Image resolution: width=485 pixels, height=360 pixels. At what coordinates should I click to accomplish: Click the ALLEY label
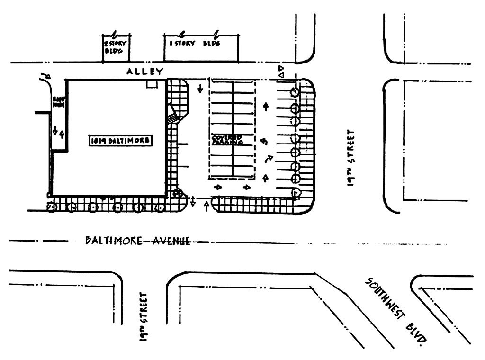click(144, 72)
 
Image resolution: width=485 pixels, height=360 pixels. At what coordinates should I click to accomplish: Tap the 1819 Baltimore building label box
click(121, 140)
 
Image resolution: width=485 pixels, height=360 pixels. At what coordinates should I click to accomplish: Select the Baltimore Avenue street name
click(137, 241)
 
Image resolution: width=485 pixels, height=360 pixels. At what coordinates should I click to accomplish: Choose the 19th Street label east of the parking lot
click(351, 156)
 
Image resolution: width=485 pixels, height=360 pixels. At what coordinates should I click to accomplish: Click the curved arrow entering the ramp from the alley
click(46, 76)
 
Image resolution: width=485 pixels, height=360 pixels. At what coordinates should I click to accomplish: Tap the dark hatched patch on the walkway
click(174, 117)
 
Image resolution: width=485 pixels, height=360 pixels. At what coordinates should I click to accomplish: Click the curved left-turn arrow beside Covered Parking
click(264, 141)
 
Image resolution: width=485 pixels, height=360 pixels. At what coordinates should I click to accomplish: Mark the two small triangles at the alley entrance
click(281, 72)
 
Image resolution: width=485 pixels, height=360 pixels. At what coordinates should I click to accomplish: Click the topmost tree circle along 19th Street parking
click(295, 91)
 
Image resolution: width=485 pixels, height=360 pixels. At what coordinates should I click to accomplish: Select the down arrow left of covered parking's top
click(200, 89)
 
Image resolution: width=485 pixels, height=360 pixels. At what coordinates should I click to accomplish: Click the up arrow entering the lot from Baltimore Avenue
click(206, 206)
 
